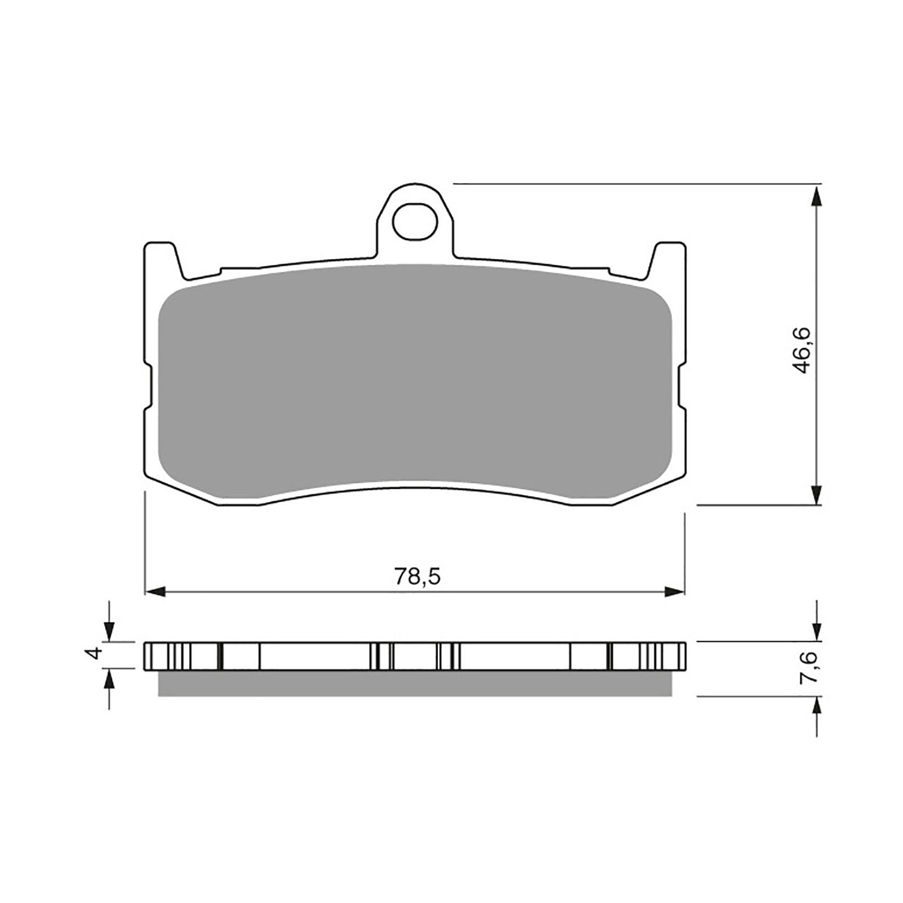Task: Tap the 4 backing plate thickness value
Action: pos(95,654)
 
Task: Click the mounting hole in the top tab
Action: pos(415,221)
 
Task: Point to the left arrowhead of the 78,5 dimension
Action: pos(155,591)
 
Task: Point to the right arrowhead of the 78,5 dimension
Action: pos(674,591)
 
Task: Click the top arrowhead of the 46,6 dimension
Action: pos(816,195)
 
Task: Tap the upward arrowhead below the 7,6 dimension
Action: pos(816,706)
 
